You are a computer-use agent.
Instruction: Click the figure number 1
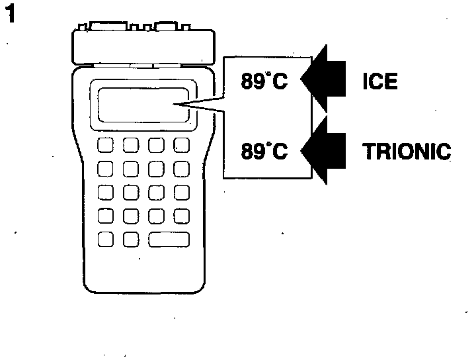(11, 15)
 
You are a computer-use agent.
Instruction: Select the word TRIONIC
(407, 152)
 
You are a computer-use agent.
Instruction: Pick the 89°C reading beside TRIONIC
(264, 152)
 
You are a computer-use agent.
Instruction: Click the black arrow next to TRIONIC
(325, 152)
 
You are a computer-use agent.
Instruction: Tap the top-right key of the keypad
(181, 146)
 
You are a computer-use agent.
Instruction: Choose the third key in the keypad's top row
(156, 146)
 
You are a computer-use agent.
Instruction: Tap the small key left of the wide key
(131, 239)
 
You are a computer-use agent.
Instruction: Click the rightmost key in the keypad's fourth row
(181, 216)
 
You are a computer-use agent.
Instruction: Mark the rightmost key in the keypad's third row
(181, 193)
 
